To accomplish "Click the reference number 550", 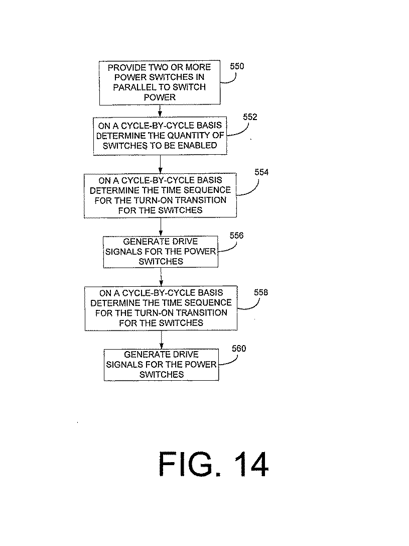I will pos(237,66).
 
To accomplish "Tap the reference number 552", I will pos(250,117).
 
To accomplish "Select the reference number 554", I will pos(261,172).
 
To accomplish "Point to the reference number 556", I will pos(236,235).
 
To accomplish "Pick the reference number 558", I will pos(260,292).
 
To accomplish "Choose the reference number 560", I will pos(238,348).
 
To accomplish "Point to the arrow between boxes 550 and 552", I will pos(160,111).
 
